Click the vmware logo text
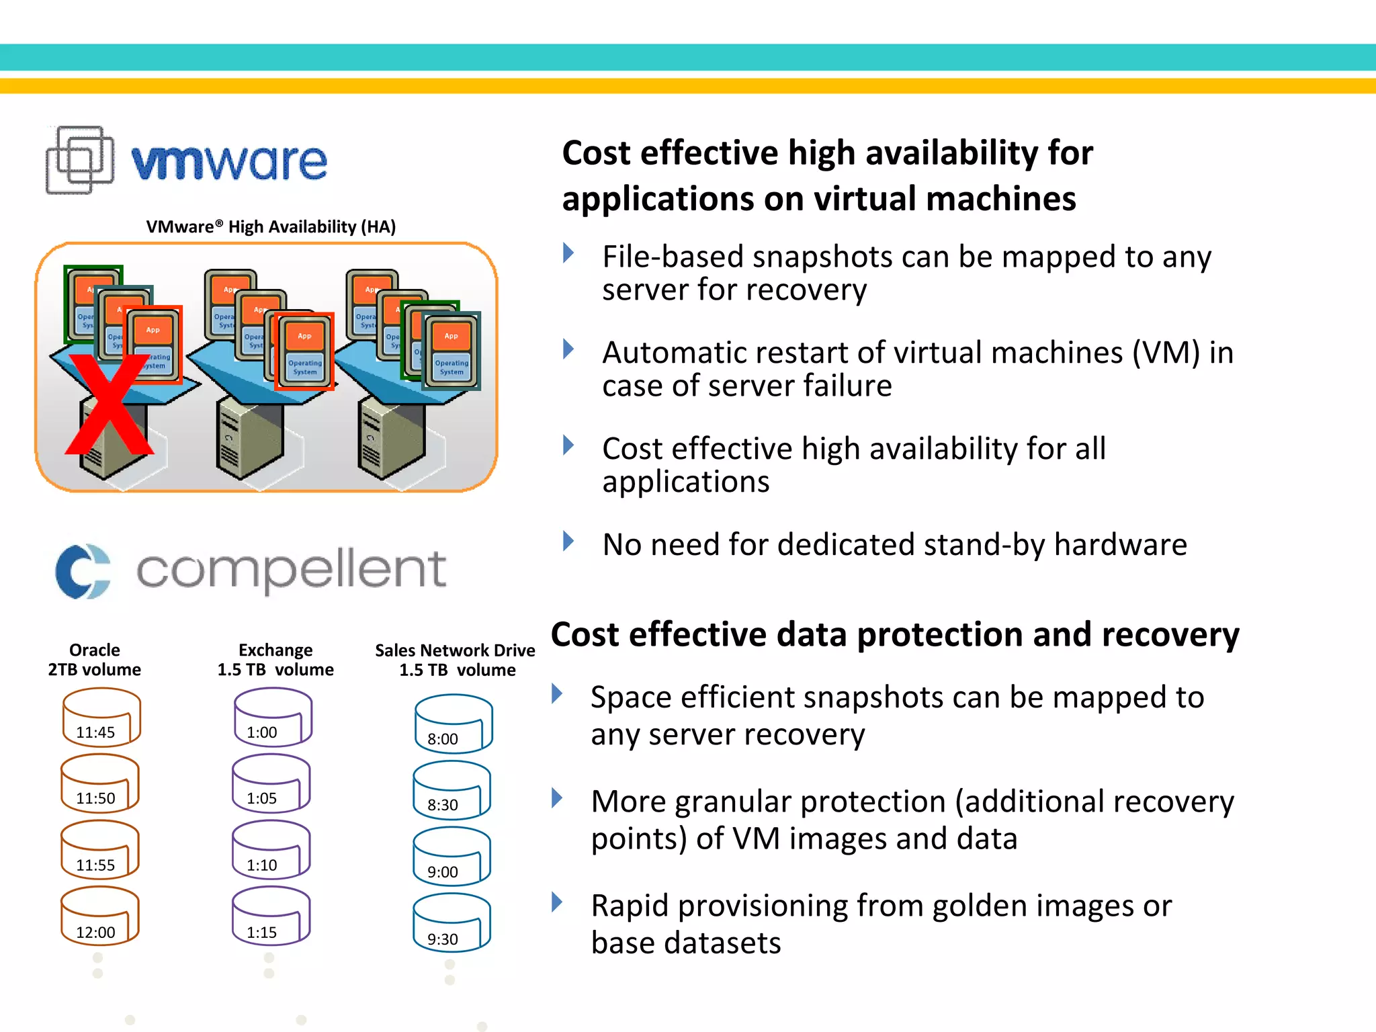pos(229,162)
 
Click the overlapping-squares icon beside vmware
pos(79,160)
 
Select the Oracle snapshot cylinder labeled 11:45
pos(101,718)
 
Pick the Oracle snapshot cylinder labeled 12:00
pos(99,916)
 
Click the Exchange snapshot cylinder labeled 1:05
pos(271,783)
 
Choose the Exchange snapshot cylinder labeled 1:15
pos(271,916)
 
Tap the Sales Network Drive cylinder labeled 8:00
pos(454,724)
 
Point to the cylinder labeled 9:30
pos(451,923)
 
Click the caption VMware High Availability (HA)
pos(271,227)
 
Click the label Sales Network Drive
pos(455,650)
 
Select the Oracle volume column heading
pos(95,660)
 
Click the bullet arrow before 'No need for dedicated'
pos(568,541)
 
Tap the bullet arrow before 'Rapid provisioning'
pos(556,902)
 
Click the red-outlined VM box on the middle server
pos(304,351)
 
